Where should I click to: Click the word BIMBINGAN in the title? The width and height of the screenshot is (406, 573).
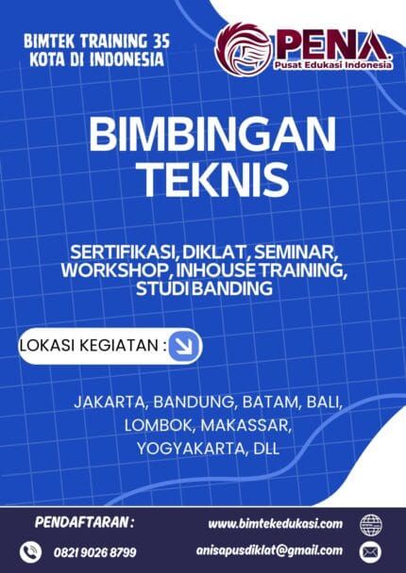[202, 135]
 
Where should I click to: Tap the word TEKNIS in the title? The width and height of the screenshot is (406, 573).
[202, 175]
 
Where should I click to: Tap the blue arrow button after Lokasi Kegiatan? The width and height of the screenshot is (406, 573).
[185, 347]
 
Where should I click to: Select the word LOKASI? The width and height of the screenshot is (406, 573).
[48, 347]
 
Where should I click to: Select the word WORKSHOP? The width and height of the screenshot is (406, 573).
[116, 270]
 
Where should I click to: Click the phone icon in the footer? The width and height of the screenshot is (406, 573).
[33, 551]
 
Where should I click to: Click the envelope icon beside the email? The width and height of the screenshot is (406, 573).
[370, 551]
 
